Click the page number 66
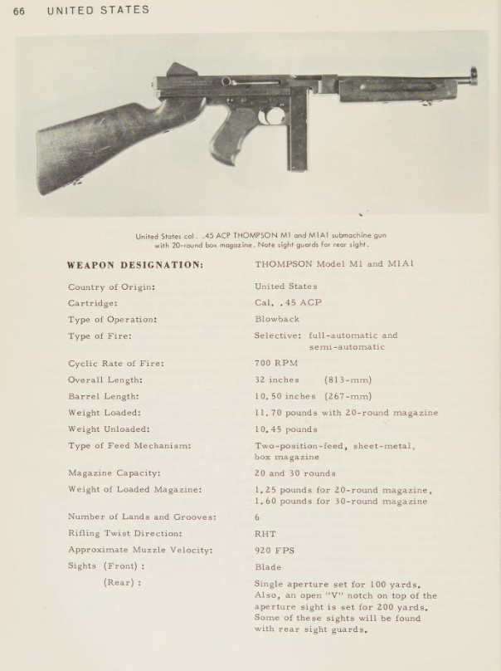[19, 11]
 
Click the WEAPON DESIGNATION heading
[135, 266]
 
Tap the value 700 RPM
[276, 363]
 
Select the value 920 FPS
[275, 550]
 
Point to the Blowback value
[277, 319]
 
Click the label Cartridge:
[93, 303]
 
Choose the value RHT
[265, 534]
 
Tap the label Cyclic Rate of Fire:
[116, 363]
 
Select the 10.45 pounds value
[286, 429]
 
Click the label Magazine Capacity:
[114, 473]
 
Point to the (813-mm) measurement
[348, 380]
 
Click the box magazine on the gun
[298, 137]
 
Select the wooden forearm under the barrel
[390, 91]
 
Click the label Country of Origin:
[112, 287]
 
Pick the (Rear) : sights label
[123, 583]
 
